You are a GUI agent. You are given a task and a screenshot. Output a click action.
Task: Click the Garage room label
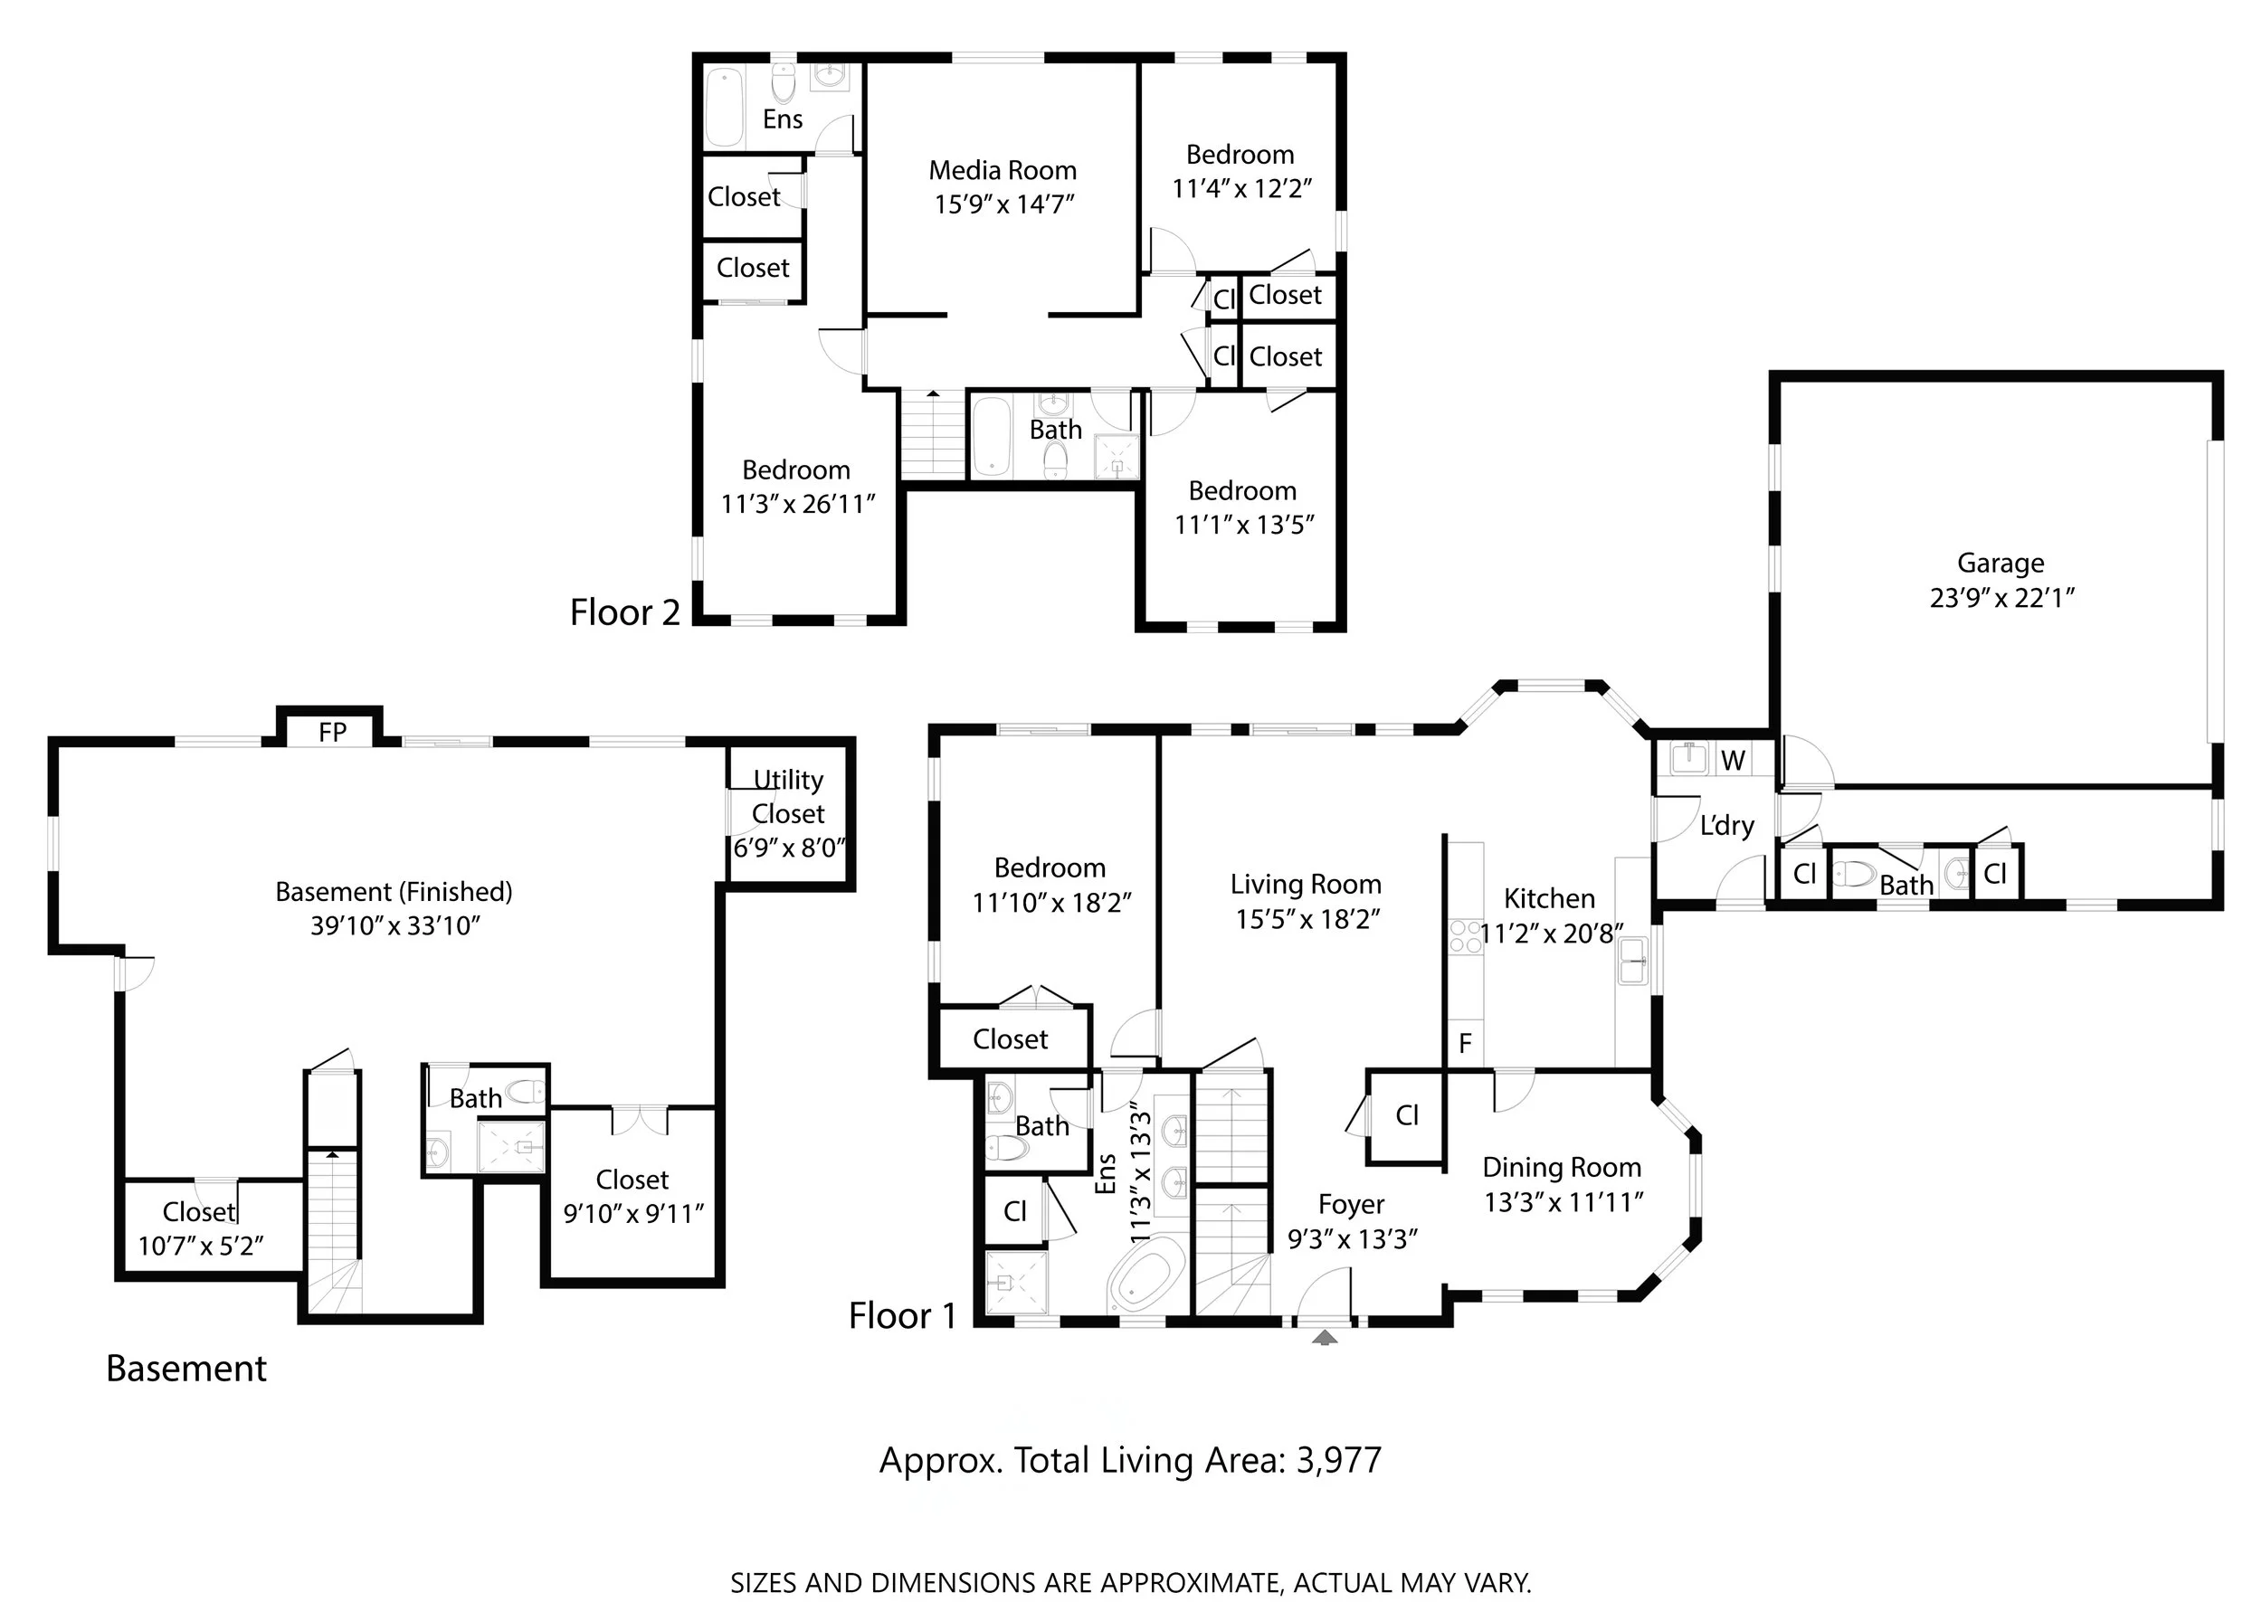tap(2000, 564)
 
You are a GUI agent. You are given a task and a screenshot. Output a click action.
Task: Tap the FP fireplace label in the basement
tap(332, 732)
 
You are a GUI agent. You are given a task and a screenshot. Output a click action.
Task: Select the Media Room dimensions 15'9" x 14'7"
tap(1004, 204)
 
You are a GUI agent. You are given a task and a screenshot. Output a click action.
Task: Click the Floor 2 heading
tap(625, 612)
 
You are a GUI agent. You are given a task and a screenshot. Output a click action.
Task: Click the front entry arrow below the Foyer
tap(1325, 1338)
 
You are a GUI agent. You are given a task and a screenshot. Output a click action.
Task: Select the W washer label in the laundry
tap(1733, 761)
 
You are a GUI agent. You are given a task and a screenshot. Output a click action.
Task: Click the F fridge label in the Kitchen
tap(1465, 1043)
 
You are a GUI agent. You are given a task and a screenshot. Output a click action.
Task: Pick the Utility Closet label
tap(788, 797)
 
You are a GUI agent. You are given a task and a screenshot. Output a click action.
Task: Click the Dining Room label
tap(1562, 1168)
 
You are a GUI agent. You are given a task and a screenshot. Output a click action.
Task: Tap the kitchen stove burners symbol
tap(1466, 935)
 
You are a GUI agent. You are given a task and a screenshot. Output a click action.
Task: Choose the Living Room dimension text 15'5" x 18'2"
tap(1307, 919)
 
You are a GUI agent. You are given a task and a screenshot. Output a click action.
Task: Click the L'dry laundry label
tap(1726, 826)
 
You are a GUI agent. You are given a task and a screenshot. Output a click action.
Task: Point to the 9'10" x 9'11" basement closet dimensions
tap(633, 1213)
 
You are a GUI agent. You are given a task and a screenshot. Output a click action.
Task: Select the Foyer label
tap(1352, 1206)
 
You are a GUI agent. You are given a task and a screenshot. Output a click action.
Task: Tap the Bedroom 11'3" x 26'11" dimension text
tap(798, 504)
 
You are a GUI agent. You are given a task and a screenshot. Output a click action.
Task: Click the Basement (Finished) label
tap(394, 892)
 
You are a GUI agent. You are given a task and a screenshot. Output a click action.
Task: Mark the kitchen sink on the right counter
tap(1631, 961)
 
